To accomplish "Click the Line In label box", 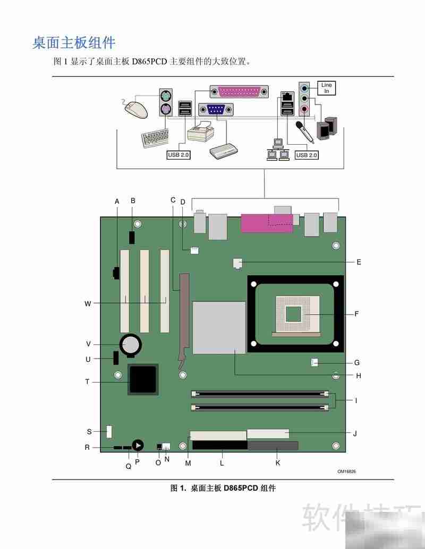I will pyautogui.click(x=327, y=88).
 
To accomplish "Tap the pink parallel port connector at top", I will pyautogui.click(x=239, y=92).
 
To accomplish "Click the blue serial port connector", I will pyautogui.click(x=216, y=110).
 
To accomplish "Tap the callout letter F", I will pyautogui.click(x=356, y=314).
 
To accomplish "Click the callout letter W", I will pyautogui.click(x=88, y=303).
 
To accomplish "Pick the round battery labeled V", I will pyautogui.click(x=131, y=345).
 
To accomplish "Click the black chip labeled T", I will pyautogui.click(x=143, y=379).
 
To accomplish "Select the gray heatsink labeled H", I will pyautogui.click(x=219, y=327).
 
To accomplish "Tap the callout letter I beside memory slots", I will pyautogui.click(x=356, y=400).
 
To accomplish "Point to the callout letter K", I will pyautogui.click(x=277, y=463).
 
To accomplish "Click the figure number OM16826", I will pyautogui.click(x=346, y=471).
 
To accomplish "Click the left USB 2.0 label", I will pyautogui.click(x=178, y=155).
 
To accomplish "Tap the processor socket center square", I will pyautogui.click(x=294, y=314).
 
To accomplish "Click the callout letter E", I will pyautogui.click(x=359, y=262).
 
